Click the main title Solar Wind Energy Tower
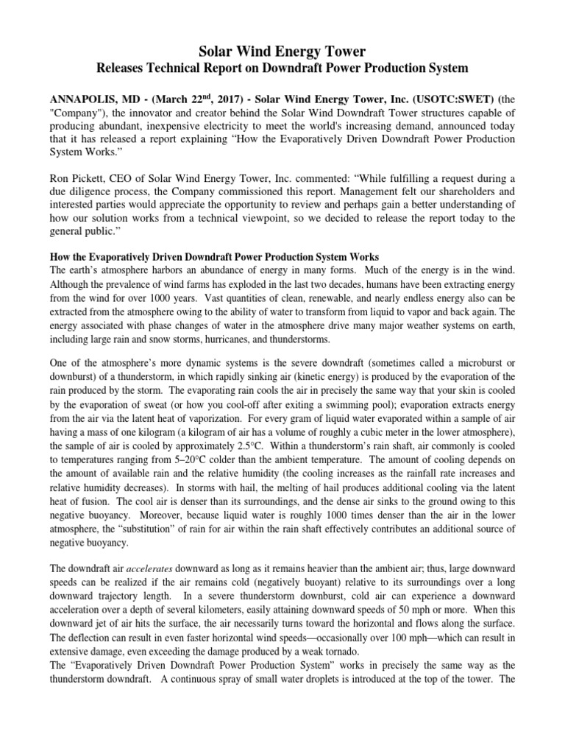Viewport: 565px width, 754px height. (x=282, y=50)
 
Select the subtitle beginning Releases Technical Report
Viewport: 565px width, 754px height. (x=282, y=68)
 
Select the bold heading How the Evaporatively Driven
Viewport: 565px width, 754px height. (x=213, y=256)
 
